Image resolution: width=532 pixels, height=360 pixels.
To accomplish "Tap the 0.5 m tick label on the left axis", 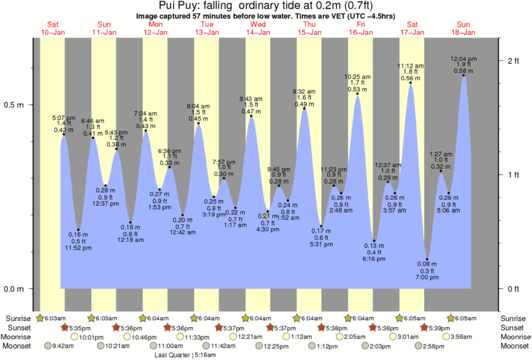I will tap(14, 105).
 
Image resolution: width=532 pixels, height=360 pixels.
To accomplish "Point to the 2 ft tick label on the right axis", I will tap(514, 61).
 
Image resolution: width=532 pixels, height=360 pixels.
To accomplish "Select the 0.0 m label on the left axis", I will tap(14, 289).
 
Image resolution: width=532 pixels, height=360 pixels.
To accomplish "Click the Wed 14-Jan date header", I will tap(258, 28).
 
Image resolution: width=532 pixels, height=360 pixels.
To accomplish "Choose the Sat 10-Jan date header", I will tap(53, 28).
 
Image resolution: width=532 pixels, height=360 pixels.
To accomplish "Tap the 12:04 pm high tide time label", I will tap(464, 58).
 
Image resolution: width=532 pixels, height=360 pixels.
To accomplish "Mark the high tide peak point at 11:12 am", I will tap(411, 83).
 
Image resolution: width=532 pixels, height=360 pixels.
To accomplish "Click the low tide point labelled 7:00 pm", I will tap(427, 259).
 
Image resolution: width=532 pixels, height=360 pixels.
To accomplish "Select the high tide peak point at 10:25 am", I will tap(358, 95).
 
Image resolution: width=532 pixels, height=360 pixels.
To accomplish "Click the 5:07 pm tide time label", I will tap(64, 117).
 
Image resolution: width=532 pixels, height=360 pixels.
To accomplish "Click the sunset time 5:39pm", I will tap(438, 327).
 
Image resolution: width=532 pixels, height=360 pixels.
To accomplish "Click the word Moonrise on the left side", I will tap(19, 337).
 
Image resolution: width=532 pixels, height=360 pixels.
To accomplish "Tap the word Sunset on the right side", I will tap(512, 327).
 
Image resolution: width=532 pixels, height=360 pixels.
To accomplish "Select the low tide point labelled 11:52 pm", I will tap(78, 229).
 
